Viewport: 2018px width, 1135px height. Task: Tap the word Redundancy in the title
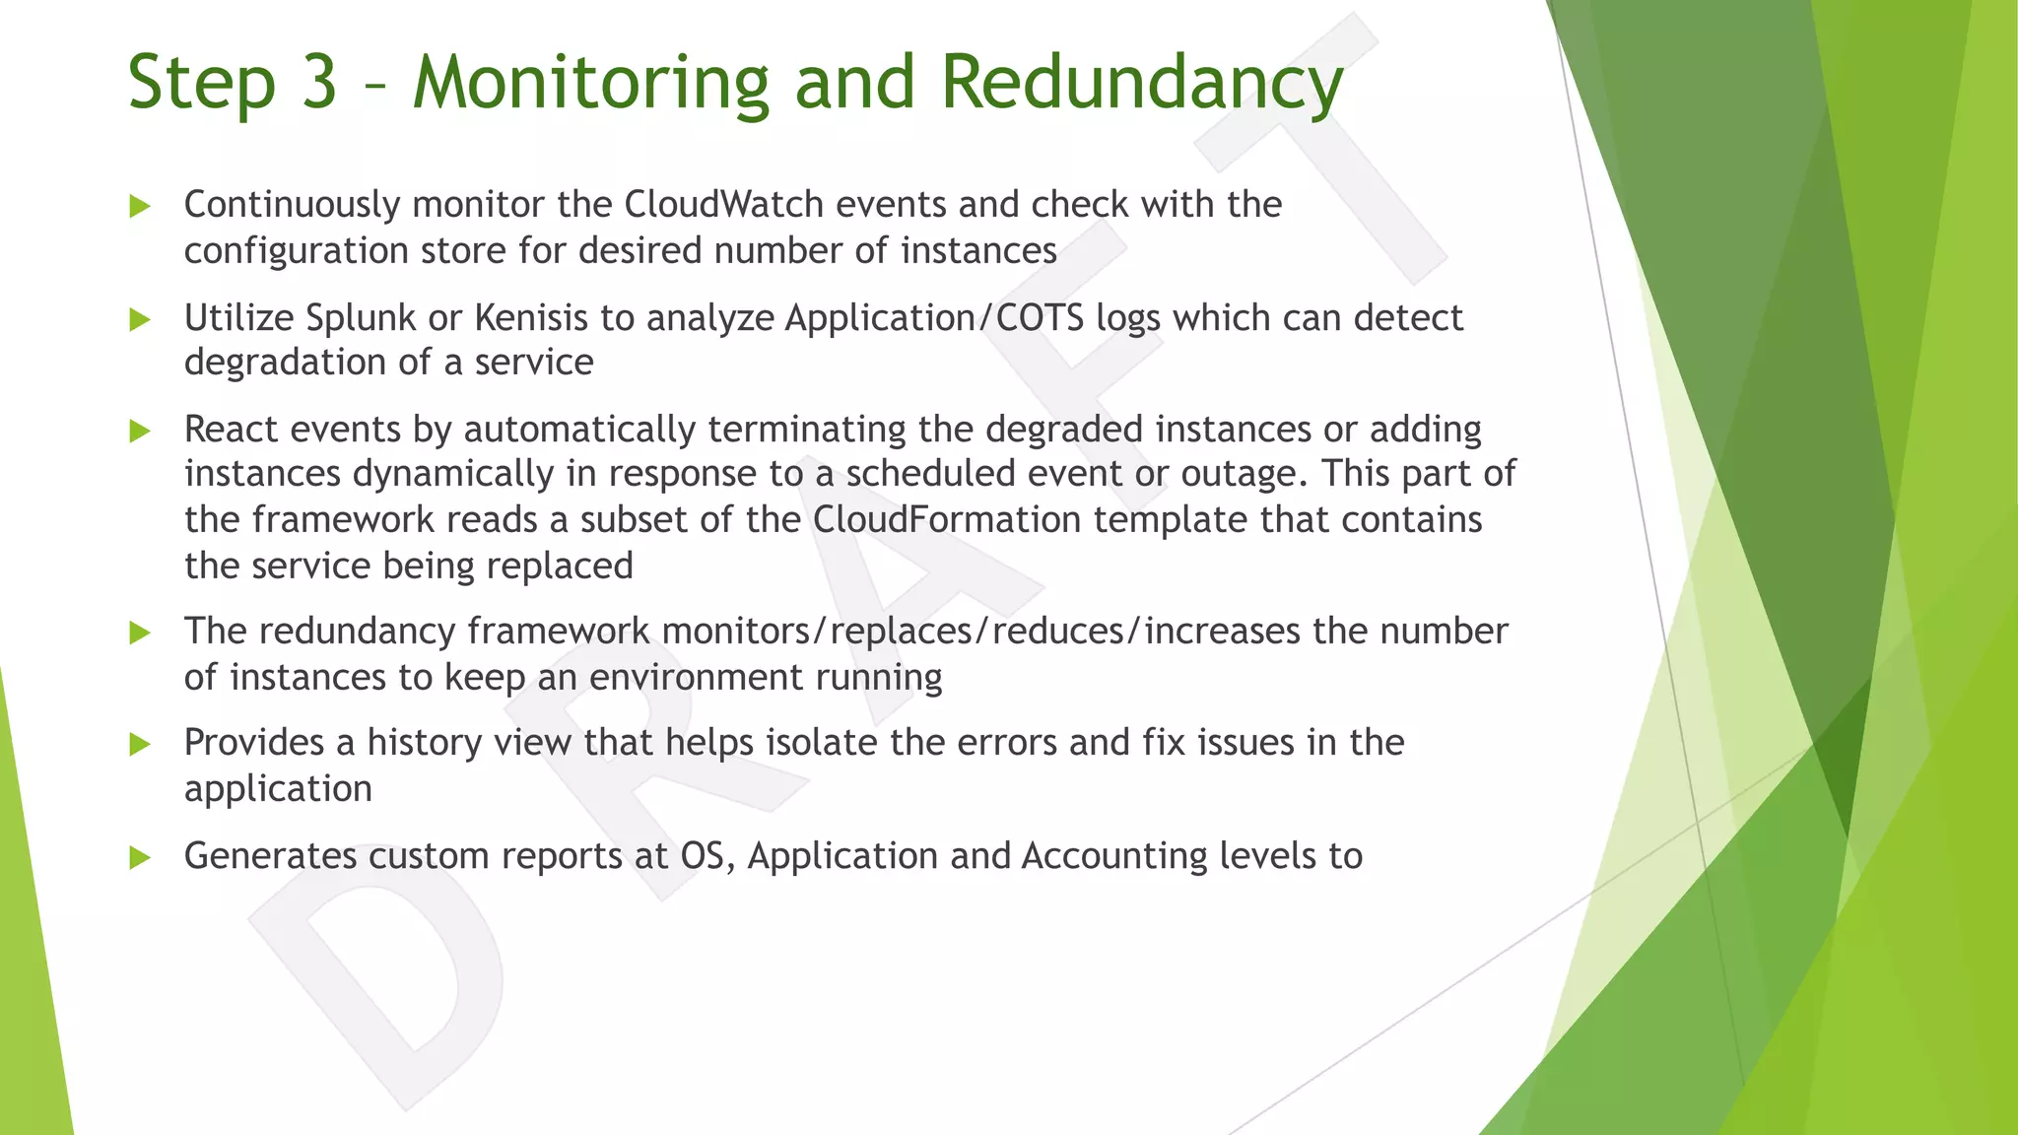(x=1141, y=83)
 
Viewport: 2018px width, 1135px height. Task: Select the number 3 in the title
(x=318, y=83)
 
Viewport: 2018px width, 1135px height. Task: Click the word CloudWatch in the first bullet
(x=723, y=205)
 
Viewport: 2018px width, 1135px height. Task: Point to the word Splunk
(x=361, y=318)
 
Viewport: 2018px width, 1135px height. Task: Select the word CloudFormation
(x=947, y=519)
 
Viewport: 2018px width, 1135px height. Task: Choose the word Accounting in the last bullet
(x=1113, y=856)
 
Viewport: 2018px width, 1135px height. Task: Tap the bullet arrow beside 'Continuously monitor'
(x=140, y=207)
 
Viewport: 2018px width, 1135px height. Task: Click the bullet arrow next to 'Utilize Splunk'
(x=140, y=319)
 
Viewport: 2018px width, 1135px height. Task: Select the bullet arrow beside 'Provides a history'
(x=140, y=745)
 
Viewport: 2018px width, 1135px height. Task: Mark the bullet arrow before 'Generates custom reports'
(x=140, y=858)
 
